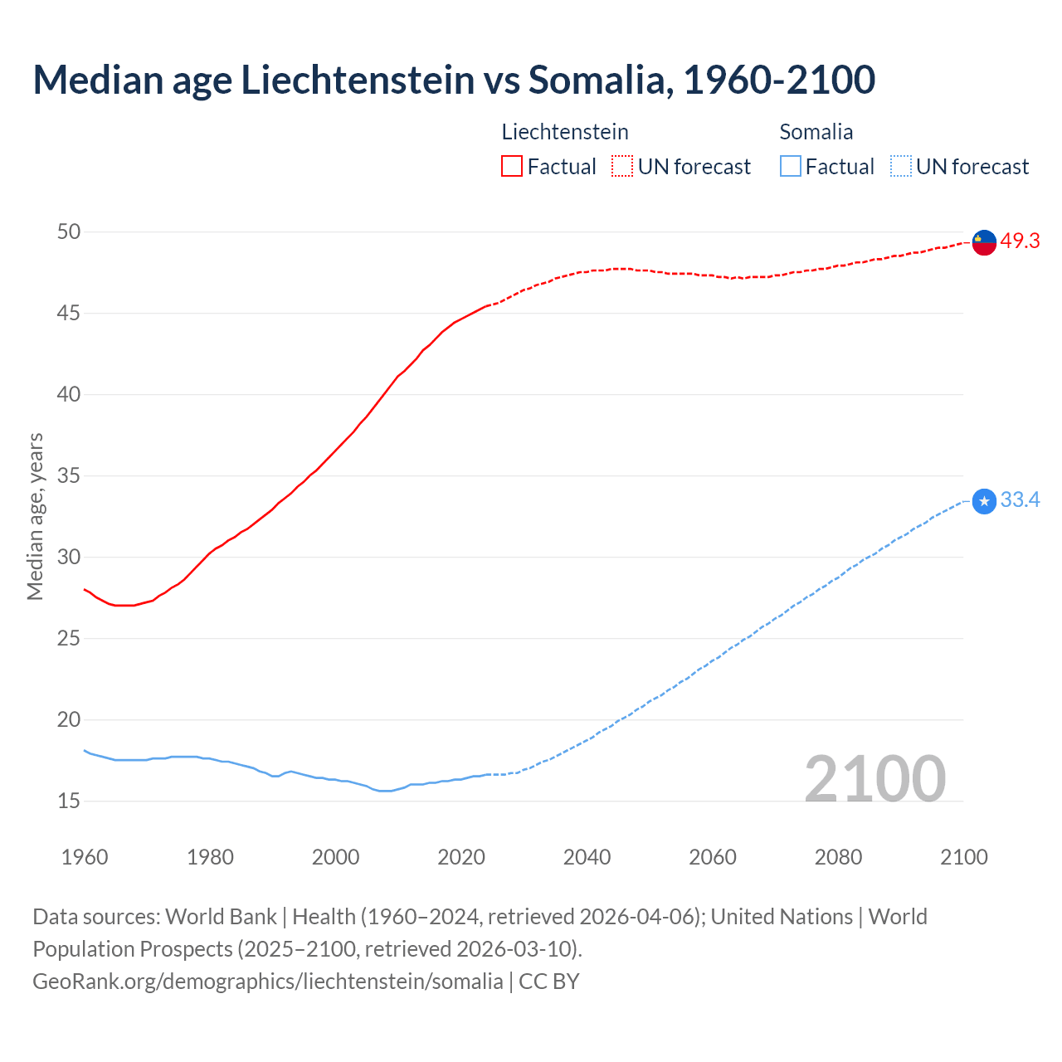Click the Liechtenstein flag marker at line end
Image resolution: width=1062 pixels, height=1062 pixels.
point(984,242)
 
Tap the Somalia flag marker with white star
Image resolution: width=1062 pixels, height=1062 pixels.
point(984,501)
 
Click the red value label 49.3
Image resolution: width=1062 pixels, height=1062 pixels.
point(1020,241)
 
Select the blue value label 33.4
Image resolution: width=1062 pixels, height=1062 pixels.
point(1020,499)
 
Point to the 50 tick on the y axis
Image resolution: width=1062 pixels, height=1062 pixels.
point(69,231)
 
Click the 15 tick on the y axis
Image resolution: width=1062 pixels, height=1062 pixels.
point(69,801)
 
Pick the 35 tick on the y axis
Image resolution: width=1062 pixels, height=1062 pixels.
point(69,475)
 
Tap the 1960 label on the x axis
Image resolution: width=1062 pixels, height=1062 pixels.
point(85,857)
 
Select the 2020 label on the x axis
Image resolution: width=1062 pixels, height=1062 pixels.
point(461,857)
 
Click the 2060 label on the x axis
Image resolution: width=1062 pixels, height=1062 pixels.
point(713,857)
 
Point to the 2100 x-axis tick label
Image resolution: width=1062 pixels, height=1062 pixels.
point(964,857)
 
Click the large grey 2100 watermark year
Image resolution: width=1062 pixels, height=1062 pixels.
point(874,778)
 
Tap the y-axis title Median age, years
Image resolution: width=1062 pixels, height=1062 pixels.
point(35,516)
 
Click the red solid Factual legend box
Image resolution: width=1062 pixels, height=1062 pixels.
point(512,166)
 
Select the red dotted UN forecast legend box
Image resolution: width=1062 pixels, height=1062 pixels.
point(622,166)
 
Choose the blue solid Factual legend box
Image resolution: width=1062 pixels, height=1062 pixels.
point(791,166)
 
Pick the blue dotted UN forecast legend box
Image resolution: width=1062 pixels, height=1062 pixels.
point(901,166)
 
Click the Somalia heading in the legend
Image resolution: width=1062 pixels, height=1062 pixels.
point(816,132)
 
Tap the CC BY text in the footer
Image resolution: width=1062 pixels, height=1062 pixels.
point(548,981)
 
